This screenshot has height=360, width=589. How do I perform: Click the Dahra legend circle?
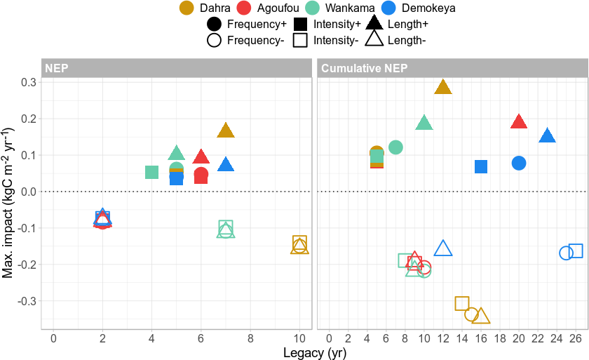coord(187,8)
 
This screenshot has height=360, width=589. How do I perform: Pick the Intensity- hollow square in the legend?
coord(301,40)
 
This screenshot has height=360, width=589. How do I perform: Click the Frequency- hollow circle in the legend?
coord(215,40)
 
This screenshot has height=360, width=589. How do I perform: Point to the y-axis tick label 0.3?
coord(28,82)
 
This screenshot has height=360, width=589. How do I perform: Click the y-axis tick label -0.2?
coord(27,265)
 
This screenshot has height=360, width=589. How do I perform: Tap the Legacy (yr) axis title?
coord(314,353)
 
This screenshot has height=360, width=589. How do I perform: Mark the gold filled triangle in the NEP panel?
coord(225,130)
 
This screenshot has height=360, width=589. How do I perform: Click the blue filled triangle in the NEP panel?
coord(225,165)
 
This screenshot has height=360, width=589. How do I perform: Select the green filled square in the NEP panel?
coord(151,172)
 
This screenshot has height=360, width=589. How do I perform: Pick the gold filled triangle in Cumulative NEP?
coord(442,87)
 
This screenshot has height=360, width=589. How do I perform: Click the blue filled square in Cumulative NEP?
coord(481,166)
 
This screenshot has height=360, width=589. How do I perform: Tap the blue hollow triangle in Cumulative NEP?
coord(443,248)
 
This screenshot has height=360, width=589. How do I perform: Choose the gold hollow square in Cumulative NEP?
coord(461,303)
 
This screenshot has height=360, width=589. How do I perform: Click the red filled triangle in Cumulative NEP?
coord(519,121)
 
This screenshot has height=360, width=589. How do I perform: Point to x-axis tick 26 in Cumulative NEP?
coord(575,339)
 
